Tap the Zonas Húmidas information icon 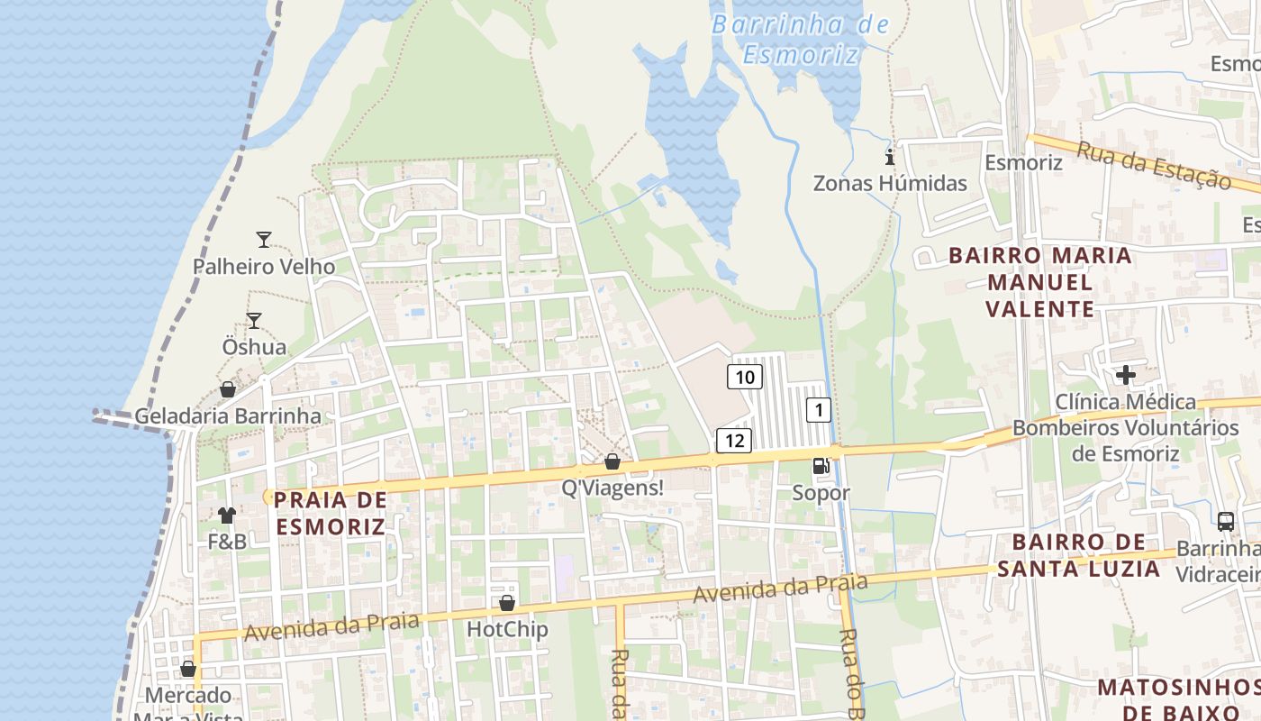tap(890, 158)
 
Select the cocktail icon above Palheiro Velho tap(264, 240)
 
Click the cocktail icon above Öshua tap(254, 321)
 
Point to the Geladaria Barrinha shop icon tap(228, 389)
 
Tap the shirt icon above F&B tap(226, 516)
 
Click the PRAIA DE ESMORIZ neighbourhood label tap(331, 513)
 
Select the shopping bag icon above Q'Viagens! tap(612, 461)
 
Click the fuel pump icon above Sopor tap(821, 466)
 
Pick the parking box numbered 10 tap(745, 377)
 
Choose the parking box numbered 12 tap(734, 441)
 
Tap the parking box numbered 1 tap(818, 410)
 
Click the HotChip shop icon tap(507, 603)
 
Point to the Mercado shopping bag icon tap(188, 669)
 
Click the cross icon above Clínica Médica tap(1125, 375)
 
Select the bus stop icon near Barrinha tap(1226, 521)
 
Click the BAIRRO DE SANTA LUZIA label tap(1078, 555)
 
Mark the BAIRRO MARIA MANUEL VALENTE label tap(1040, 282)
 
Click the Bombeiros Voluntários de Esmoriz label tap(1126, 440)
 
